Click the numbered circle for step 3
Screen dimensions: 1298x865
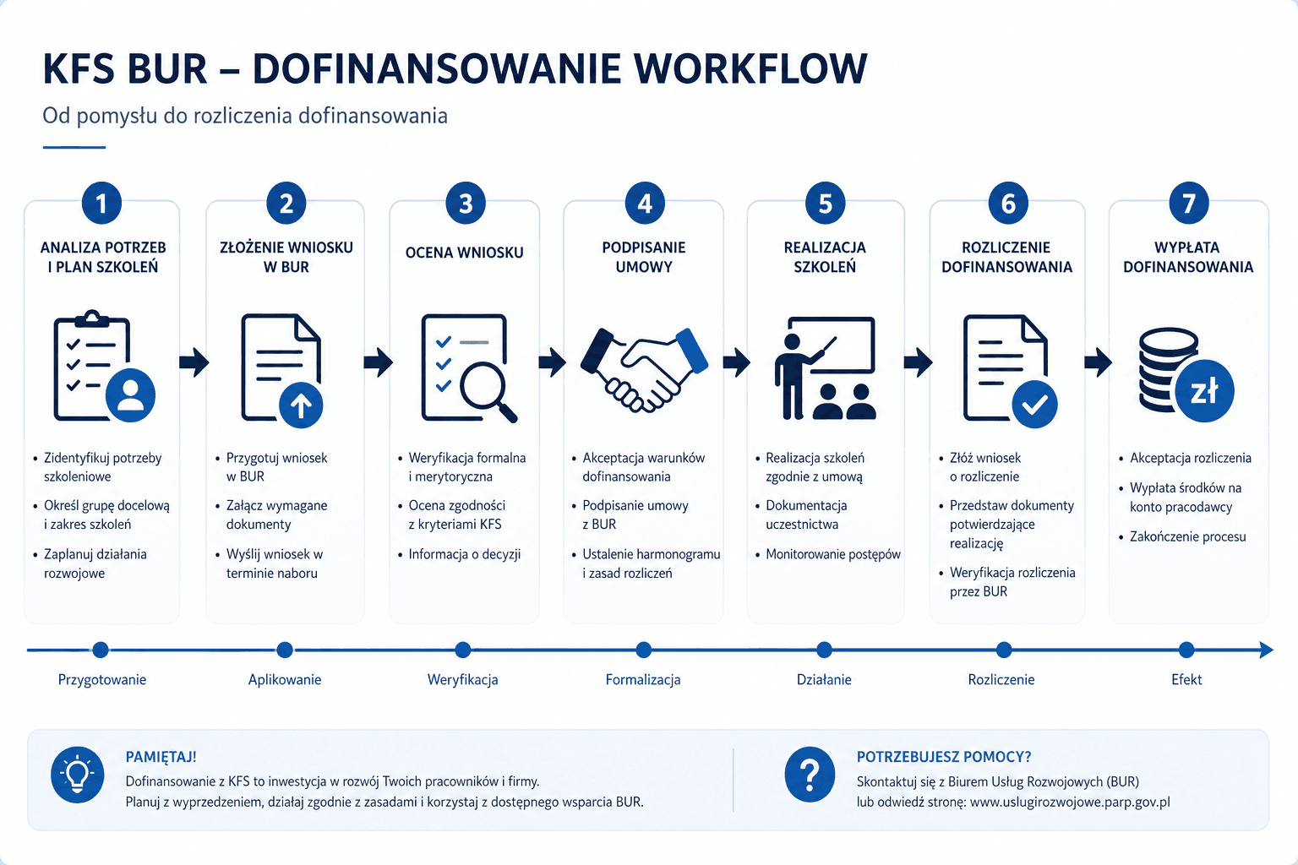point(466,204)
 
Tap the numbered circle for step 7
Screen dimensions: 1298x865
point(1188,204)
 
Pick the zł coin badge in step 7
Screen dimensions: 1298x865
point(1204,391)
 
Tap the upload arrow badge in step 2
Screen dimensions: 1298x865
point(301,405)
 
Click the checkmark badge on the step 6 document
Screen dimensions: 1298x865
point(1034,405)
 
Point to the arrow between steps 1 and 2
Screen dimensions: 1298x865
point(194,362)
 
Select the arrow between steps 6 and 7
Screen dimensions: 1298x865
point(1098,362)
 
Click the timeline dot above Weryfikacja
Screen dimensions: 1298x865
point(462,650)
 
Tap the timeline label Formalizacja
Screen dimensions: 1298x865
point(643,680)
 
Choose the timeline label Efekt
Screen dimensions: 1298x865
point(1186,680)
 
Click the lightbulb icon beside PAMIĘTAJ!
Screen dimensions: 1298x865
point(78,775)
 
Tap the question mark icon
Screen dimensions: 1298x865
point(810,775)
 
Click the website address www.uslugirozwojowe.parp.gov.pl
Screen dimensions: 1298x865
point(1070,802)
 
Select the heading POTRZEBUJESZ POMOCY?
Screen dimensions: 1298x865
point(944,757)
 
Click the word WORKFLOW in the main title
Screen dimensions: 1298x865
point(750,69)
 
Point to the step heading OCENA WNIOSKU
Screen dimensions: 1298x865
point(464,253)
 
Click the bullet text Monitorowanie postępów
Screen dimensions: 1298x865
point(833,554)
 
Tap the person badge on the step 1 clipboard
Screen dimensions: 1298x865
point(130,395)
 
